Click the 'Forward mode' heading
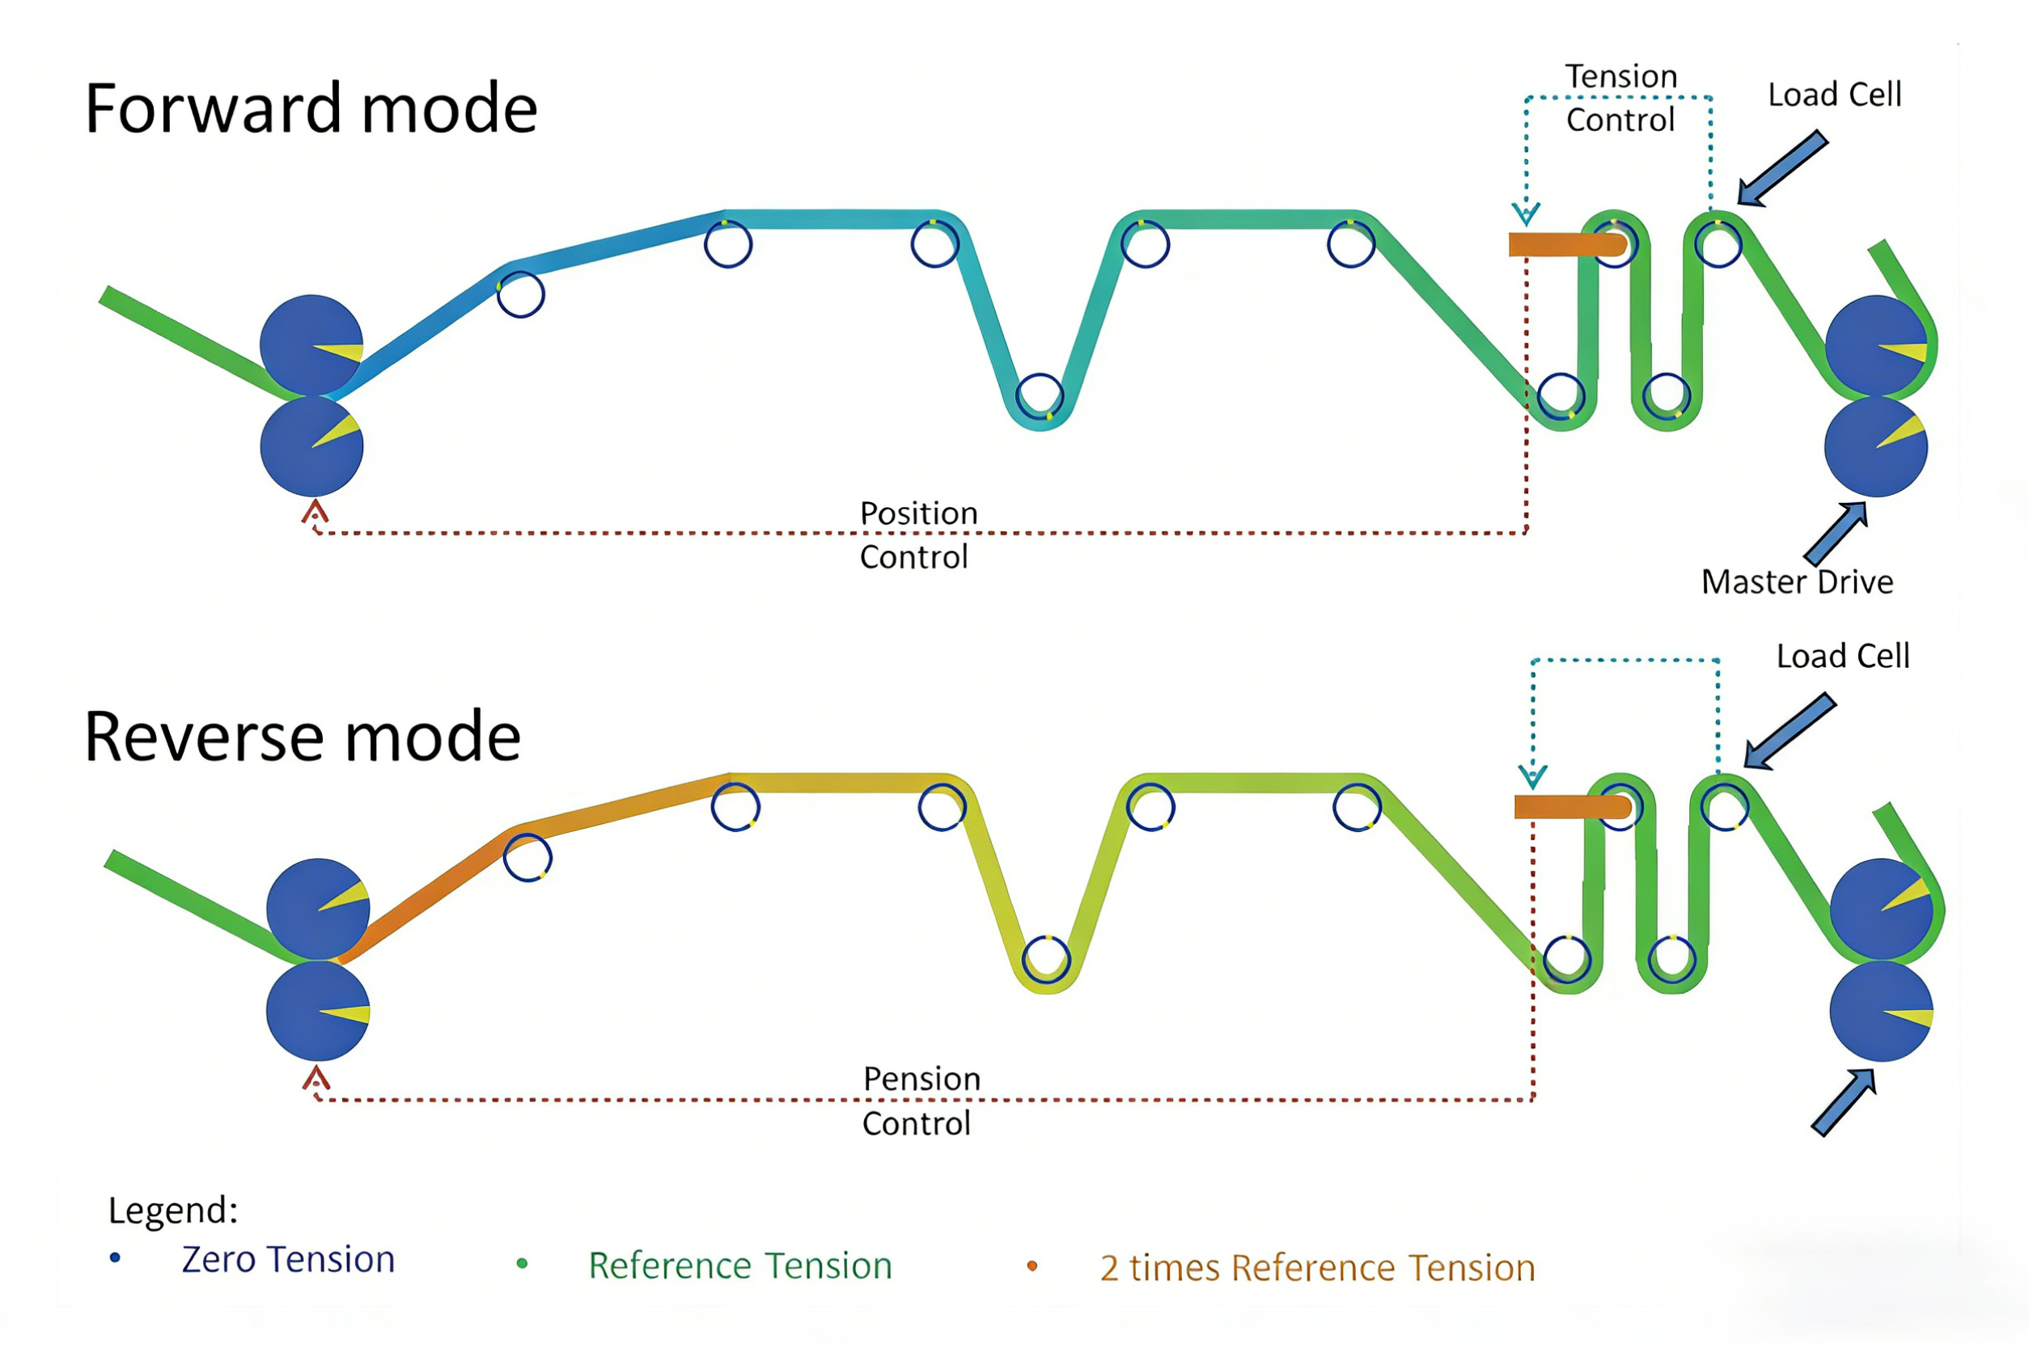click(311, 108)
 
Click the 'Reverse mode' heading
click(302, 737)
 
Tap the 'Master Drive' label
click(1797, 582)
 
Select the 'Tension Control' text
click(1621, 97)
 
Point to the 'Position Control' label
click(918, 534)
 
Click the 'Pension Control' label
click(921, 1101)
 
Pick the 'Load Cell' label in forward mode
click(1834, 95)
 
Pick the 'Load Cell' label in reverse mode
click(1843, 656)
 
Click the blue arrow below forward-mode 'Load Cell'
click(1781, 169)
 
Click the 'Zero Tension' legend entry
click(287, 1260)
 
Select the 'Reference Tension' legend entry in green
click(739, 1265)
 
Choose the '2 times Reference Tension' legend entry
click(1317, 1269)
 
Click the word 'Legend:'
click(172, 1210)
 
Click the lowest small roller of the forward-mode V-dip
click(1040, 397)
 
